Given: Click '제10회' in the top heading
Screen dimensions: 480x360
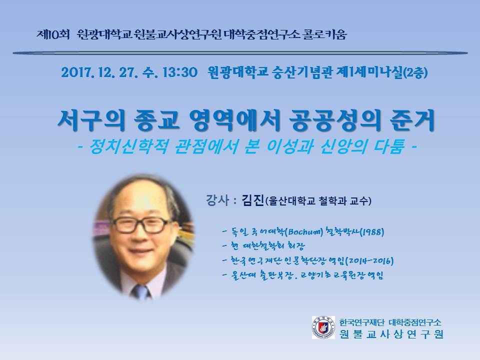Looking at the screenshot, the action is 53,34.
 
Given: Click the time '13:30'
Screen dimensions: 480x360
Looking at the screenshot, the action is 179,72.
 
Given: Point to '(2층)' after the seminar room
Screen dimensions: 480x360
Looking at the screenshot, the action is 415,73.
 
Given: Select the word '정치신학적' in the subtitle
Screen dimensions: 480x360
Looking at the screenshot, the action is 128,146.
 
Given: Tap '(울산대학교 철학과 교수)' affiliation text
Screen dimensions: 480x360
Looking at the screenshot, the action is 318,201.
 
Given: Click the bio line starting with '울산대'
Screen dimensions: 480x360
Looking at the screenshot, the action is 303,275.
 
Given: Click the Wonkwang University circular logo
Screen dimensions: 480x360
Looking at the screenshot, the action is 323,327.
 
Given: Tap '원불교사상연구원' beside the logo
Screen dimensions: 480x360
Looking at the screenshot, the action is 391,334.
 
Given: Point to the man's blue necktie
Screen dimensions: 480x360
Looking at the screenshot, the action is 141,291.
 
